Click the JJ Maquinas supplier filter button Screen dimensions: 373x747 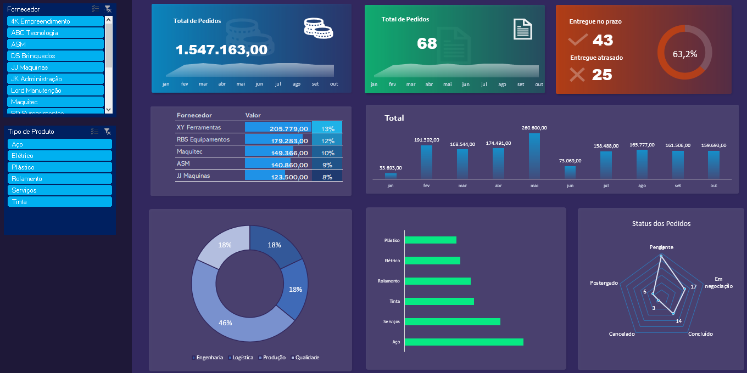tap(55, 67)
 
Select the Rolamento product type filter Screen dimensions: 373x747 tap(59, 179)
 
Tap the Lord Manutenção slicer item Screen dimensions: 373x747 tap(55, 91)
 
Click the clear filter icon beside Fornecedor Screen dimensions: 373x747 tap(108, 9)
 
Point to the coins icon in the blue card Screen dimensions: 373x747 tap(318, 29)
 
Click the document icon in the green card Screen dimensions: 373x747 tap(522, 29)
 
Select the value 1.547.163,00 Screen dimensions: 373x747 tap(221, 50)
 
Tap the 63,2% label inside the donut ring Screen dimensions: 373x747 tap(684, 54)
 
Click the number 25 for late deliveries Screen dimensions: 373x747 tap(602, 75)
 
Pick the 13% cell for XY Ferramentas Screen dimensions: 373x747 tap(327, 129)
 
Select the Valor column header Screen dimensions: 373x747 tap(253, 115)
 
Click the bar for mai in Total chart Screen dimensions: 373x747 tap(534, 156)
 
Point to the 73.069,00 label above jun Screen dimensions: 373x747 tap(570, 161)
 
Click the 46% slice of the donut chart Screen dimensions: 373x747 tap(225, 323)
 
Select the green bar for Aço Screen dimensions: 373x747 tap(464, 342)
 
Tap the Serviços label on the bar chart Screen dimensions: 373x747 tap(392, 321)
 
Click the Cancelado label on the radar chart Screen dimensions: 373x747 tap(622, 334)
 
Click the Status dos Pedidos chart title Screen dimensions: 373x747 tap(661, 224)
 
